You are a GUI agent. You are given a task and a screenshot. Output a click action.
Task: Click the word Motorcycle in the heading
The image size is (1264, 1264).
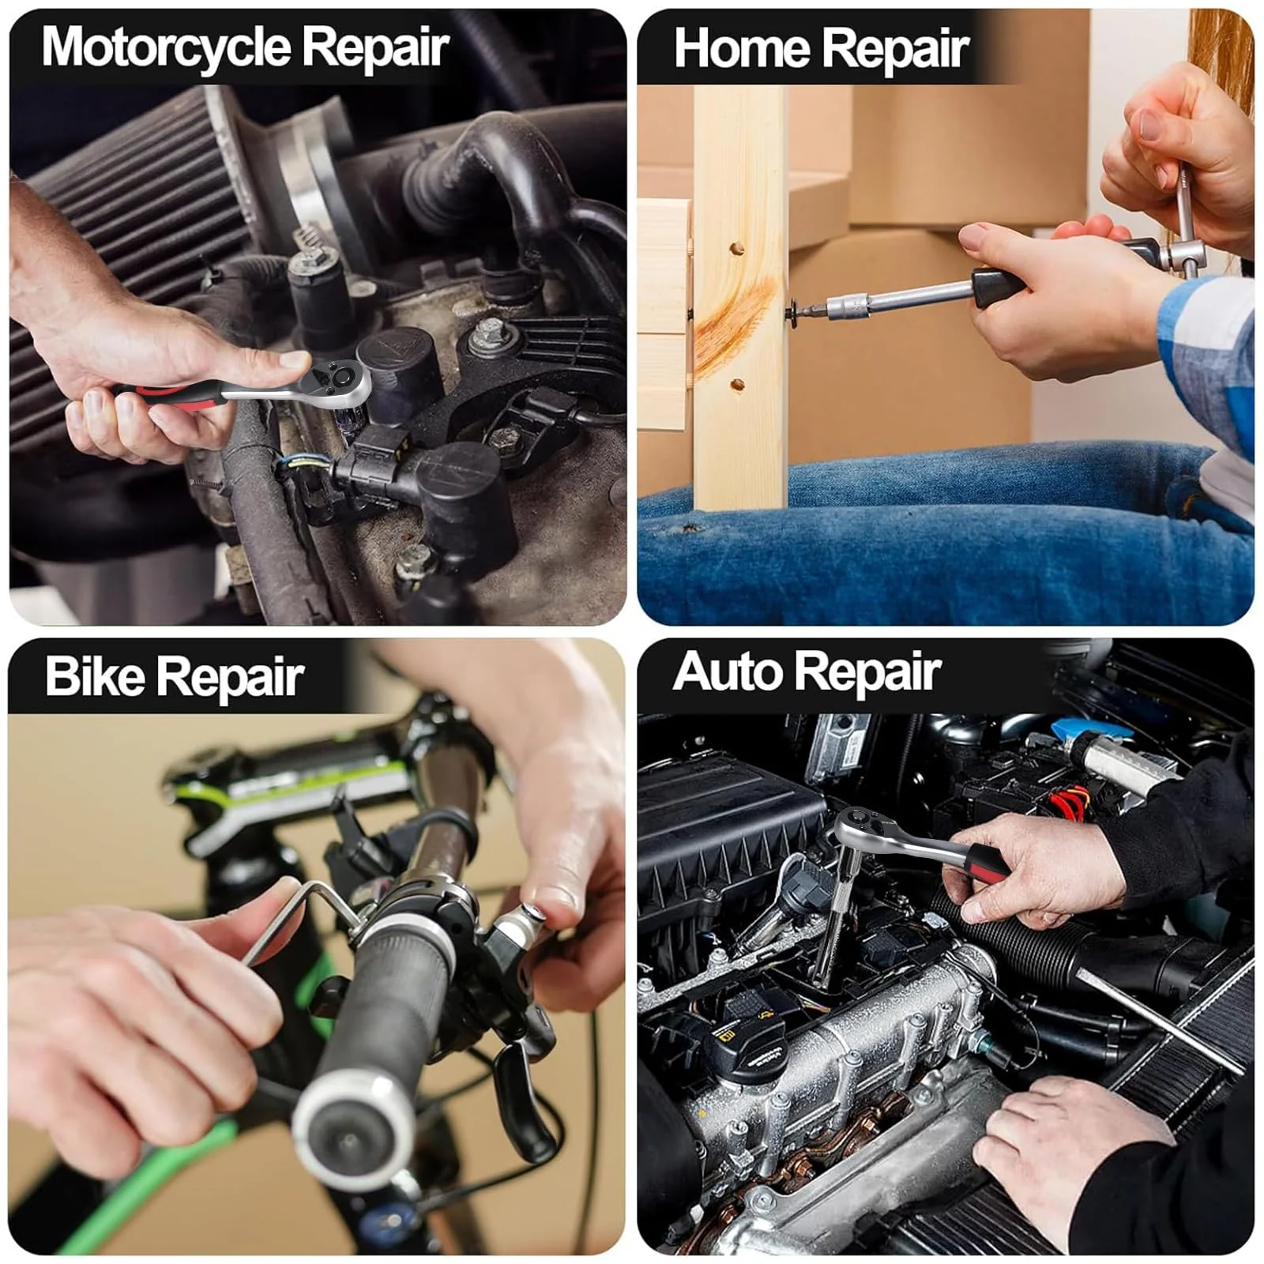pyautogui.click(x=167, y=47)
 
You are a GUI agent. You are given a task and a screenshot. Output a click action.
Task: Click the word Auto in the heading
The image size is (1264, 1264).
pyautogui.click(x=727, y=672)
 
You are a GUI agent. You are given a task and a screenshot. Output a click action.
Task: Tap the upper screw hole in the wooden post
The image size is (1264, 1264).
pyautogui.click(x=736, y=249)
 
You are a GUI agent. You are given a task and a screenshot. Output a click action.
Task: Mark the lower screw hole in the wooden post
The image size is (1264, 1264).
pyautogui.click(x=737, y=385)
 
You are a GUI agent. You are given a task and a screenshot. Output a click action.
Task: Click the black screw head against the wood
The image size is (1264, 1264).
pyautogui.click(x=792, y=310)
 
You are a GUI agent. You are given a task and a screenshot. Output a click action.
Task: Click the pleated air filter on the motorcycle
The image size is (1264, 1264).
pyautogui.click(x=126, y=237)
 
